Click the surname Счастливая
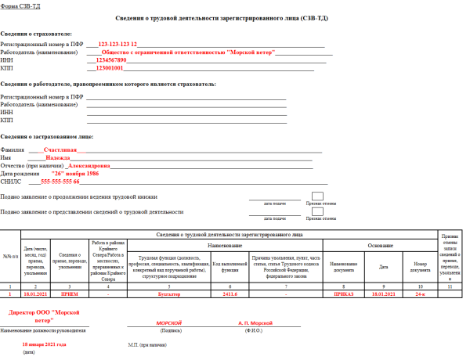click(x=60, y=149)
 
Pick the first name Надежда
click(x=57, y=158)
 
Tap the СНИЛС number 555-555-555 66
click(x=60, y=182)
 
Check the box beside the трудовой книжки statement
click(x=317, y=196)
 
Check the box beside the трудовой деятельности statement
click(x=317, y=212)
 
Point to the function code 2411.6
click(x=230, y=294)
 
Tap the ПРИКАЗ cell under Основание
click(x=344, y=294)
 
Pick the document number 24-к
click(x=420, y=294)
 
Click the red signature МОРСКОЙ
click(x=169, y=322)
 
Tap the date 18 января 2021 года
click(x=44, y=344)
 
